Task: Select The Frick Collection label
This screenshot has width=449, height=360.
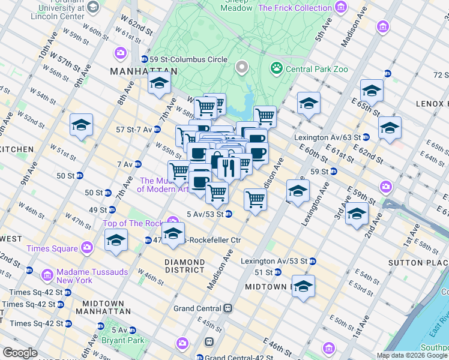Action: coord(295,8)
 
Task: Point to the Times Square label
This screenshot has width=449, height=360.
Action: coord(52,248)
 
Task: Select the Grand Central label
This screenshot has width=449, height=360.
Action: coord(197,308)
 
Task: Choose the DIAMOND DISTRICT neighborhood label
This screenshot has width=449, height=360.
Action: coord(185,266)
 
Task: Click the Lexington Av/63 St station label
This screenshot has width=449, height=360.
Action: coord(327,137)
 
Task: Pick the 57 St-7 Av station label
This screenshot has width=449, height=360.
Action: coord(134,129)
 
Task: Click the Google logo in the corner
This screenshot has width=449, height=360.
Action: coord(20,353)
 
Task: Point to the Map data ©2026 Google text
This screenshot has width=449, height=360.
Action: coord(412,355)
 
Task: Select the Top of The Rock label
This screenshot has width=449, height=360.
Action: coord(133,223)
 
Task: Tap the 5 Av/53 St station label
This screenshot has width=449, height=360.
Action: coord(205,214)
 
